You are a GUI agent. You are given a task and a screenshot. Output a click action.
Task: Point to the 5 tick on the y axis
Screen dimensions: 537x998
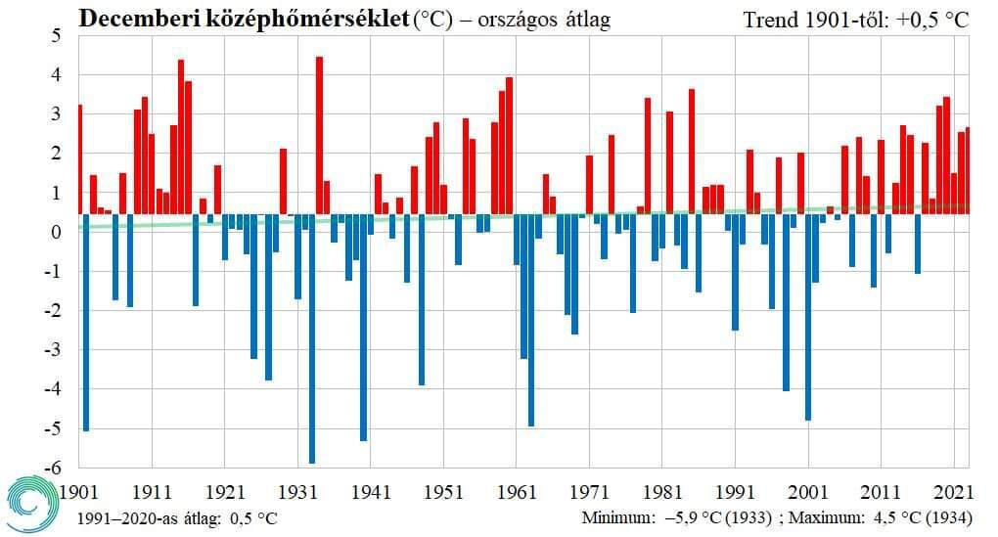coord(57,36)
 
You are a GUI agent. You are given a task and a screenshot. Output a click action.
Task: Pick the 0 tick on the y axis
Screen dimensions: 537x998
coord(57,233)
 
